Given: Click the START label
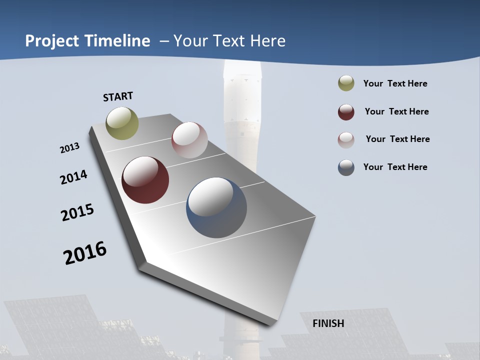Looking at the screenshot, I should coord(118,96).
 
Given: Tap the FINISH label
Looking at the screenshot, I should coord(328,323).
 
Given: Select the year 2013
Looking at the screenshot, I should coord(69,148).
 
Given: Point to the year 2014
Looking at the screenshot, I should coord(73,177).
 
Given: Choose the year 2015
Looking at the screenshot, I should coord(77,212).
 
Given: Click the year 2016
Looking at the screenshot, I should coord(85,253).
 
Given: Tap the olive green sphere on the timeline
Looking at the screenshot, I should coord(122,123).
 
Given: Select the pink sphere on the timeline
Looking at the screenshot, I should coord(189,140).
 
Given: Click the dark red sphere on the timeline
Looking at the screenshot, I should coord(145,180).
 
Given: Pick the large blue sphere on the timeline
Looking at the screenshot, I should coord(216,207).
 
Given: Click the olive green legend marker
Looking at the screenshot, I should coord(346,83).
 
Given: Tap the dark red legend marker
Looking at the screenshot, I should coord(346,112).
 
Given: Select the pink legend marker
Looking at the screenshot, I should coord(346,140).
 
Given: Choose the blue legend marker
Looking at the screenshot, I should coord(346,167).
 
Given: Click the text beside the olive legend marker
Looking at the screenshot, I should coord(395,83).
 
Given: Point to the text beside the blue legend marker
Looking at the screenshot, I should coord(395,167).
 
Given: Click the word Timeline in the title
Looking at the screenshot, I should coord(118,41).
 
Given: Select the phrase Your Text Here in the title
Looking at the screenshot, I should coord(229,41).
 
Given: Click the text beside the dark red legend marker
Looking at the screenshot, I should coord(396,111).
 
